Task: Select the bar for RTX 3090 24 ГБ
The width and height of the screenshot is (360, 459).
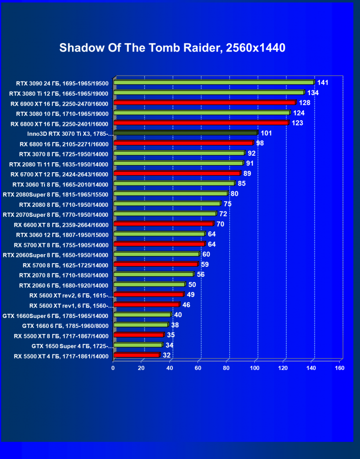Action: point(213,82)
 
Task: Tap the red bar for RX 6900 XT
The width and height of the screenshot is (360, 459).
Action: point(204,103)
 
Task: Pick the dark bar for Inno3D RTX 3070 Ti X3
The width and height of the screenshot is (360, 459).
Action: point(185,133)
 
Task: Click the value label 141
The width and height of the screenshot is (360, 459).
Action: point(323,83)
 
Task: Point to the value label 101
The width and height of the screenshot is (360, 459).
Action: point(266,133)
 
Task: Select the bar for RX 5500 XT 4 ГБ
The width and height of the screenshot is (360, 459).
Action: point(136,355)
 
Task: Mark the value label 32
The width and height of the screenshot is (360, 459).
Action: point(166,355)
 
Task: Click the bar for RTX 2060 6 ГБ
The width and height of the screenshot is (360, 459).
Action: point(149,284)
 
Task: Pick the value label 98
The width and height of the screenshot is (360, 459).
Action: point(260,143)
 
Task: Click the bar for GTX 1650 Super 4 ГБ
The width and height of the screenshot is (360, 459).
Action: point(138,345)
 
